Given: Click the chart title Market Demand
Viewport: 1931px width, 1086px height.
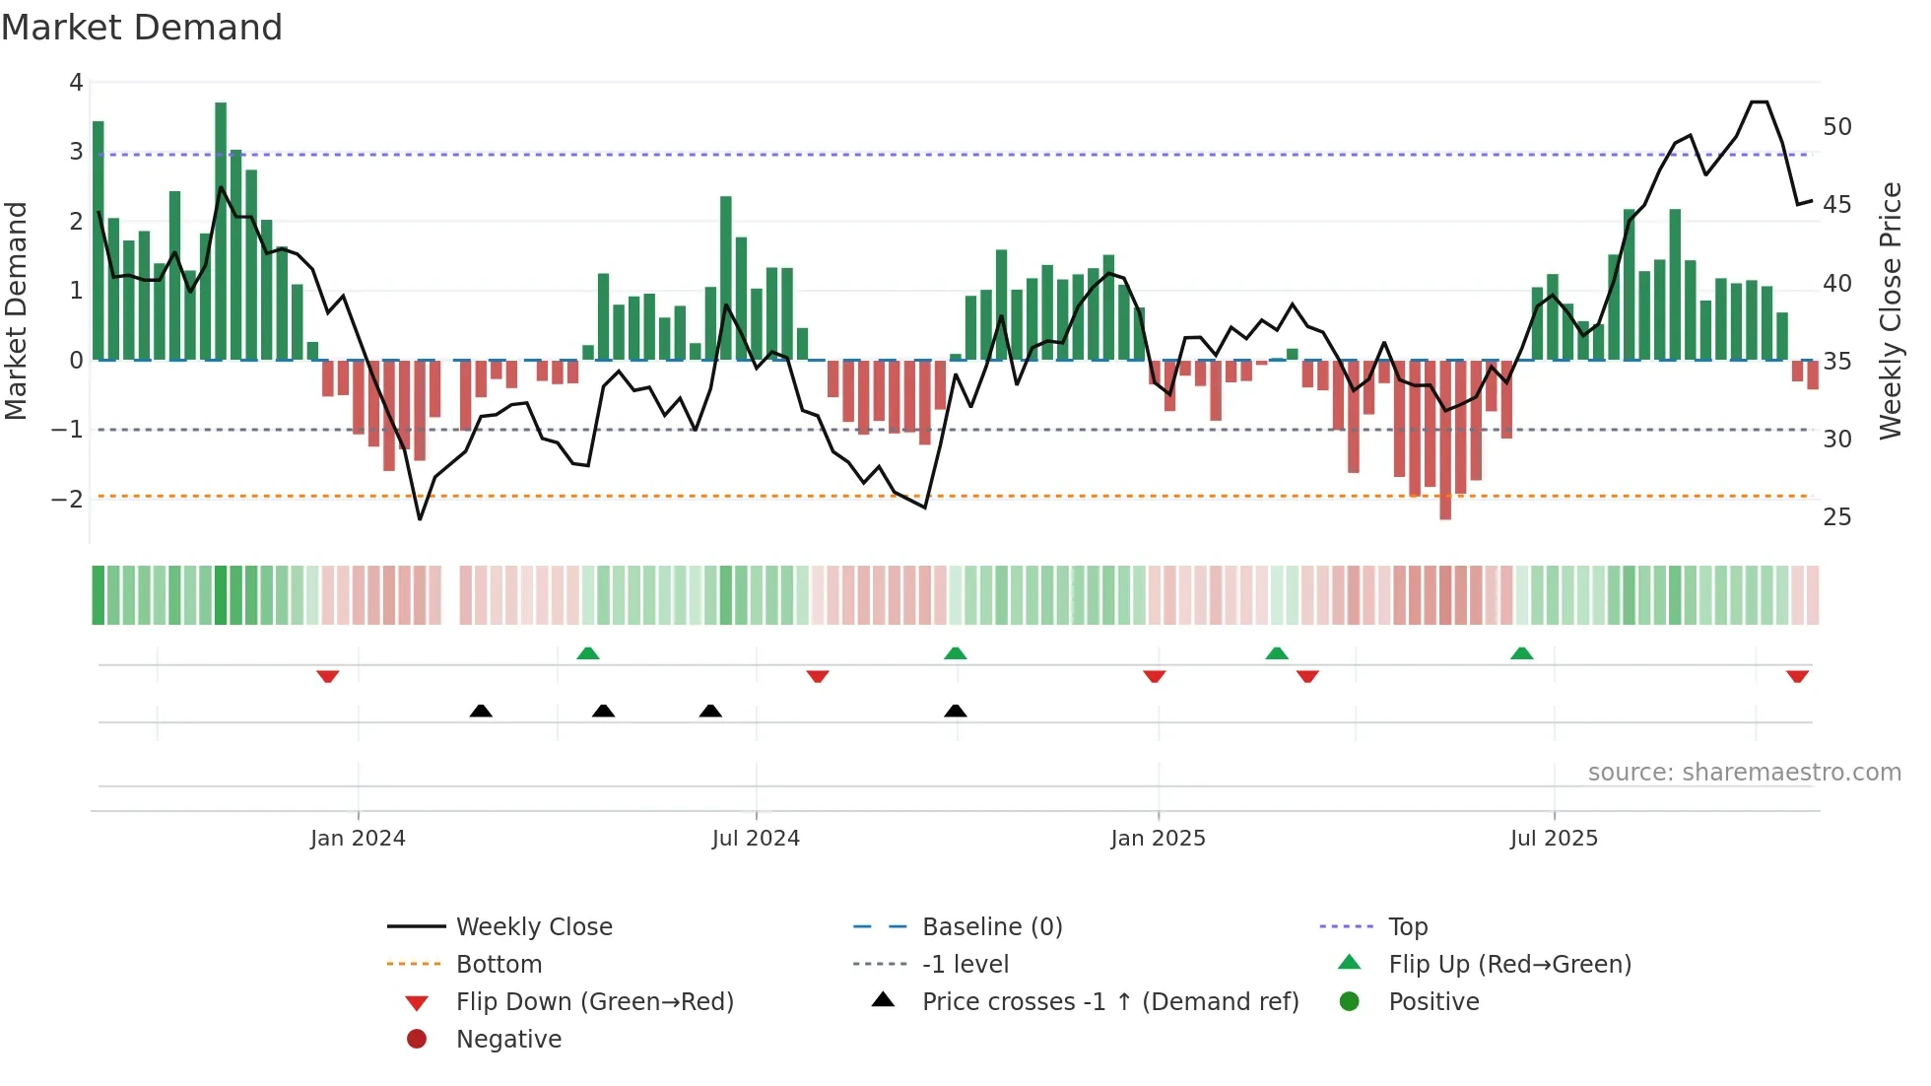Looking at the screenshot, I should click(142, 28).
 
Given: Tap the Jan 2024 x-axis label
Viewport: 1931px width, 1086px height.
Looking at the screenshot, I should click(358, 839).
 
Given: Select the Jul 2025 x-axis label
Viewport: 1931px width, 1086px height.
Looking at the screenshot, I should click(1554, 839).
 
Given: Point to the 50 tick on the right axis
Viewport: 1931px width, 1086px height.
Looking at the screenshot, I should click(1837, 127).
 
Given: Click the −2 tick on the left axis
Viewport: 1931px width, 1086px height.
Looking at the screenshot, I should click(67, 500).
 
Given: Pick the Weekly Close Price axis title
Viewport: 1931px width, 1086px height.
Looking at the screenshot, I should click(1890, 310).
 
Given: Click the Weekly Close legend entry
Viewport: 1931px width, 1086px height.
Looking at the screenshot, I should click(534, 927).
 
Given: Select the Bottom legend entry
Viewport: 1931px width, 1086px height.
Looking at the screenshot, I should click(499, 965).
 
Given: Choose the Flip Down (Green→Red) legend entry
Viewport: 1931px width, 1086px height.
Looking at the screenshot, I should click(594, 1002).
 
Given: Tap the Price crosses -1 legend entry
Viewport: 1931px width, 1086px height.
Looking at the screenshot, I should click(1109, 1002).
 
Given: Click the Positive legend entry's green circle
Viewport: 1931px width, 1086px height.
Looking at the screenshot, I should click(1350, 1002).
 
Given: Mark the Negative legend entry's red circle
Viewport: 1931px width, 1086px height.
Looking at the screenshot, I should click(417, 1040).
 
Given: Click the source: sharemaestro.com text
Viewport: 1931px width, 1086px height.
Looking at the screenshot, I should click(1744, 773).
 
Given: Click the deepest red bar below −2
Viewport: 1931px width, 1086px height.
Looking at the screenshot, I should click(1445, 443).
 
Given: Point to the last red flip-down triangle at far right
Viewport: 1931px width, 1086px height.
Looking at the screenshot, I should click(1797, 677).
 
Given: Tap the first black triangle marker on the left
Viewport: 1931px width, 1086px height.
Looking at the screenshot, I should click(481, 711).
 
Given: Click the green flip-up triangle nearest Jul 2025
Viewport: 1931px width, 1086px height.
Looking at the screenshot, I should click(1522, 653).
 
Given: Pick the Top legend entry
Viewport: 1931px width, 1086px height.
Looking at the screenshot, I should click(1408, 927).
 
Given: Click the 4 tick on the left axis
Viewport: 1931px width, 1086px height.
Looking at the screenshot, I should click(76, 83).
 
